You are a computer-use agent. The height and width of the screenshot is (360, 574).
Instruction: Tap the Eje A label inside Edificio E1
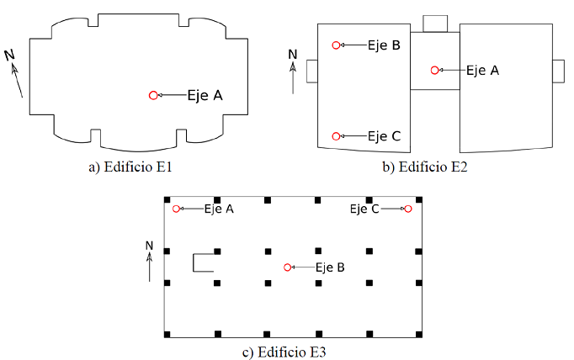coord(205,96)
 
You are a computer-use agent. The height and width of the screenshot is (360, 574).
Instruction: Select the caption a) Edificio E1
coord(130,167)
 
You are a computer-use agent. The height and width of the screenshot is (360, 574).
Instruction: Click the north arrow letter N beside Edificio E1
coord(9,56)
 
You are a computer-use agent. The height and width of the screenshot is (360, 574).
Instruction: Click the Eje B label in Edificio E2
coord(384,45)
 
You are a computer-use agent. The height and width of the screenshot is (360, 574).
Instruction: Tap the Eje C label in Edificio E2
coord(384,136)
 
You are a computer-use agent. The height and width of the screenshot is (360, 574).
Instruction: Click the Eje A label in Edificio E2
coord(482,71)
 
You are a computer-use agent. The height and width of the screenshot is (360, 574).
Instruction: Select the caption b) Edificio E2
coord(425,167)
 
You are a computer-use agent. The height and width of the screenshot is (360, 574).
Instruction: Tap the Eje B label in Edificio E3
coord(330,267)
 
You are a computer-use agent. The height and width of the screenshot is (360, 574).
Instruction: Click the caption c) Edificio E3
coord(284,352)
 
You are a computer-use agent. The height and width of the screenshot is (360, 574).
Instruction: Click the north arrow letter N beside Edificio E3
coord(149,246)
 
